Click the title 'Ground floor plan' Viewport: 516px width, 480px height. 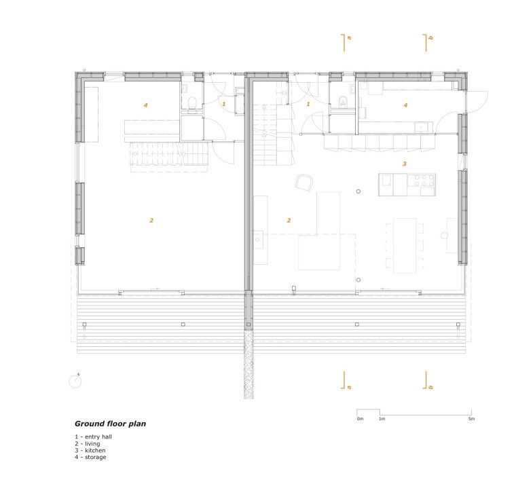tap(110, 424)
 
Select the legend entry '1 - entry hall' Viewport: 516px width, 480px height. tap(93, 437)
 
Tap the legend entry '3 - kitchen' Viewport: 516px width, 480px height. tap(90, 450)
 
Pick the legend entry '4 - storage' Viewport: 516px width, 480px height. tap(90, 457)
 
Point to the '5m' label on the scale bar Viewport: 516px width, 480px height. tap(471, 419)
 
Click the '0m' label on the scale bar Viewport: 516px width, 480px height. tap(360, 419)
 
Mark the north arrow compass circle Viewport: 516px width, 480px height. tap(75, 382)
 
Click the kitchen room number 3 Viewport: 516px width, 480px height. tap(405, 164)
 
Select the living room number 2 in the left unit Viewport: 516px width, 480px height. tap(151, 220)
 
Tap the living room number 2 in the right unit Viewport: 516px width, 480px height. tap(289, 220)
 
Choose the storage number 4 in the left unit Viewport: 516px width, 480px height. tap(145, 105)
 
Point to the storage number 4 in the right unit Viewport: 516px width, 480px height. tap(405, 105)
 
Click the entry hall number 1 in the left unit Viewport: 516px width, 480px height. tap(224, 104)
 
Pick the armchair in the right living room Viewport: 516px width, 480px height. tap(303, 182)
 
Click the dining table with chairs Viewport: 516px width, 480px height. tap(405, 245)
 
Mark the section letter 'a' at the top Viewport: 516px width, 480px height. tap(349, 38)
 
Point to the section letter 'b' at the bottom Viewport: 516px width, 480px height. tap(430, 387)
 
